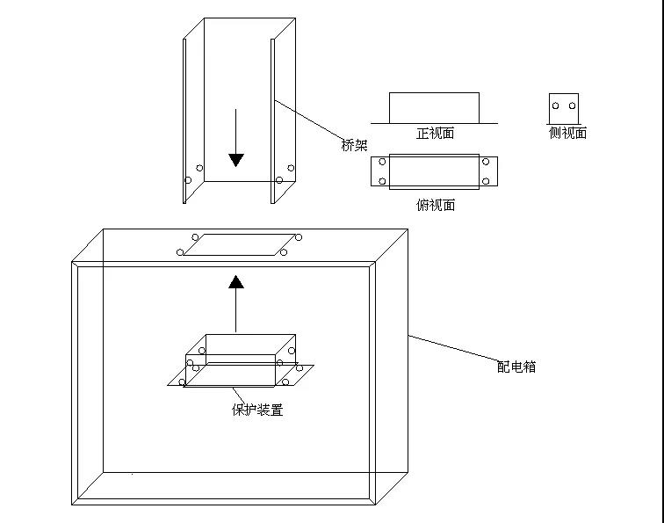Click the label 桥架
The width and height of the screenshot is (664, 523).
[354, 145]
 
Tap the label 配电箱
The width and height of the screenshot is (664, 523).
[516, 367]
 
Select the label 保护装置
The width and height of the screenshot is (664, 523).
[257, 410]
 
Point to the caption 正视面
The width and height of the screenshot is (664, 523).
[436, 133]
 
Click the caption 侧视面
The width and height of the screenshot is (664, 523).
[567, 133]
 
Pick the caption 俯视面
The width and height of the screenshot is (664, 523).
[436, 205]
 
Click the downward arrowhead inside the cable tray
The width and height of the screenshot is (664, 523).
[236, 160]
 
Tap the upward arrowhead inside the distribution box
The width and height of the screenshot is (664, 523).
[236, 282]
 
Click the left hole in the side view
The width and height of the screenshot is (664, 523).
[556, 105]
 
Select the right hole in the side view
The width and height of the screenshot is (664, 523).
[572, 105]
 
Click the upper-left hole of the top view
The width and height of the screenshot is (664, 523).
[382, 162]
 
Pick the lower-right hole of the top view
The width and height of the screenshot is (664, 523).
[486, 181]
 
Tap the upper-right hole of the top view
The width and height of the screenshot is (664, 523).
[486, 162]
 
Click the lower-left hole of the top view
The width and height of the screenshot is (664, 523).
[382, 181]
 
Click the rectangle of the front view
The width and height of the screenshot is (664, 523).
[434, 93]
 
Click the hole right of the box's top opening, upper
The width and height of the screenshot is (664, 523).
[299, 237]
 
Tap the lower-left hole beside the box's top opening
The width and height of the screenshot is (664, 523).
[180, 252]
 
